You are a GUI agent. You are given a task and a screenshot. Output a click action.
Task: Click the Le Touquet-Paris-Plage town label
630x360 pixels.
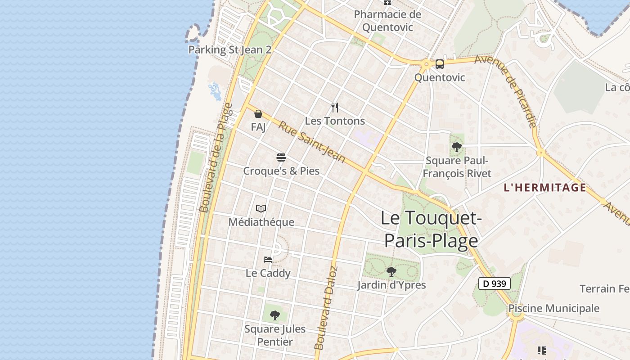431,229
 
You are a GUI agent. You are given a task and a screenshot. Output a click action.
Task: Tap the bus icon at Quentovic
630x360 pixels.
439,64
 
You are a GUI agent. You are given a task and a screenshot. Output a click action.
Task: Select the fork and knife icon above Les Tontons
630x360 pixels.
334,108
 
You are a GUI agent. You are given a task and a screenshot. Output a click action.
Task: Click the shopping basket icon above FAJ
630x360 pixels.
258,114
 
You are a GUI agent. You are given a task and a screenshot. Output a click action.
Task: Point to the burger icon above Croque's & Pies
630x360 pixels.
281,157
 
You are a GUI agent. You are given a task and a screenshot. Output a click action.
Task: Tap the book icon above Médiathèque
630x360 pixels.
261,208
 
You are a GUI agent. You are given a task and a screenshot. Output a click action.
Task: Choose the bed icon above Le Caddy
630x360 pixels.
268,259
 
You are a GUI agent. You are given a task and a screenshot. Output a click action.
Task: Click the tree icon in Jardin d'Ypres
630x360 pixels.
391,271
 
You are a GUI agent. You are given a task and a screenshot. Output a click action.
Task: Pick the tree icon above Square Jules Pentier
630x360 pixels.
275,315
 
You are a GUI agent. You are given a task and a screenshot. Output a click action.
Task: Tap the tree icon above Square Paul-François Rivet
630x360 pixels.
457,147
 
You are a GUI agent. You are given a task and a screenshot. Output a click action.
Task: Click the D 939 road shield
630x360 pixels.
494,283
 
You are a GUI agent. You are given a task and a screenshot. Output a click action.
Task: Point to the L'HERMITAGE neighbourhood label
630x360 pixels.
545,188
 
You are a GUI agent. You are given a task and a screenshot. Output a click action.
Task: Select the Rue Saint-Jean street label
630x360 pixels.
312,142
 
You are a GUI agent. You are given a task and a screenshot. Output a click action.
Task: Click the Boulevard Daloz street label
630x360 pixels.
326,308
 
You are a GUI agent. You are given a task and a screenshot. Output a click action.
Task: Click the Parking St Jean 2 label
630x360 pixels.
229,49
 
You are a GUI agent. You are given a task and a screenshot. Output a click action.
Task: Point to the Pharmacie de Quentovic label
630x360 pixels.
387,21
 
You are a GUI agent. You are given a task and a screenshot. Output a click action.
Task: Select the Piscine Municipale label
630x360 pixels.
553,308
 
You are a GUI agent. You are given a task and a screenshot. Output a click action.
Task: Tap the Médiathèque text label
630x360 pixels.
261,222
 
